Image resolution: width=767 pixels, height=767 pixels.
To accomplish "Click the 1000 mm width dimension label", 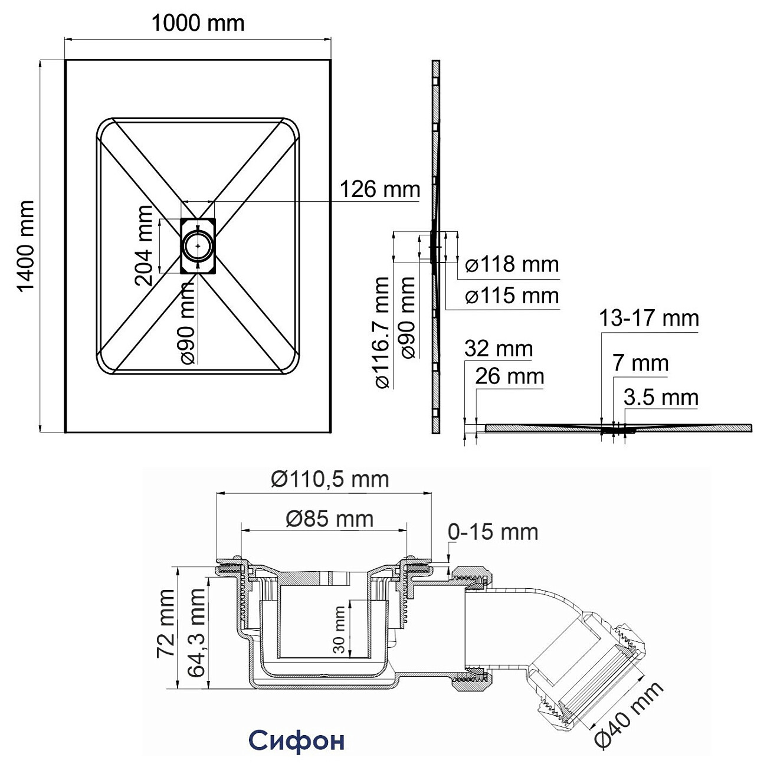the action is tap(198, 24).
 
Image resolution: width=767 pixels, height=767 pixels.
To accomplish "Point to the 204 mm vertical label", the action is tap(143, 245).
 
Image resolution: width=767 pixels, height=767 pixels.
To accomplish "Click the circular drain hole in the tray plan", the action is tap(198, 245).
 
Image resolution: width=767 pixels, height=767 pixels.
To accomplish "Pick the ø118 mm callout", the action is tap(512, 264).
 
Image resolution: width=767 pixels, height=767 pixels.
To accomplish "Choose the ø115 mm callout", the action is tap(512, 296).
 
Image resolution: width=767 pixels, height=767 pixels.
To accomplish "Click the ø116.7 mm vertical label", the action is tap(382, 333).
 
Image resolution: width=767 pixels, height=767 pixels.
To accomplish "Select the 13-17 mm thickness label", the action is tap(649, 318).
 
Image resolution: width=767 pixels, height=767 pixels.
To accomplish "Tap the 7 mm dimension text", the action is tap(640, 363).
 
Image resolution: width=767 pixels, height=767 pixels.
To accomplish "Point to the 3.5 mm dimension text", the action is tap(661, 397).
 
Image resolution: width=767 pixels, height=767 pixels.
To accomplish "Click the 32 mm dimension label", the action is tap(499, 349).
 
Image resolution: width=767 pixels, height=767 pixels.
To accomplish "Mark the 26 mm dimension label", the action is tap(510, 376).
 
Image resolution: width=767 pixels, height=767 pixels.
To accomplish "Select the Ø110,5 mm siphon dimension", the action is tap(330, 479).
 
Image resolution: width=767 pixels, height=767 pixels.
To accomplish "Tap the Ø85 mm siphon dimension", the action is tap(330, 519).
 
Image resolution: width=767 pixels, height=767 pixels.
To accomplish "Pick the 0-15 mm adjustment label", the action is tap(493, 532).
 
